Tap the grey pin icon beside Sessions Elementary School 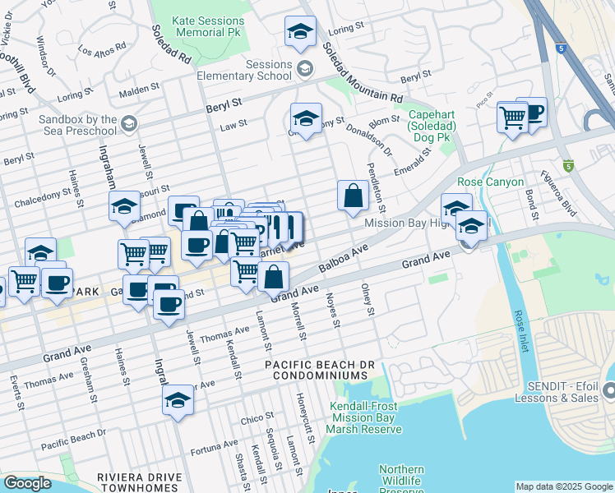[305, 68]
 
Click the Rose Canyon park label [490, 182]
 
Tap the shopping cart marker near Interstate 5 [511, 118]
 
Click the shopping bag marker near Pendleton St [352, 196]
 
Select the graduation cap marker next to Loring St [300, 33]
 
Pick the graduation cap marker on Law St [306, 119]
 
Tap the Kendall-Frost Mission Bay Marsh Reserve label [363, 418]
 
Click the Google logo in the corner [27, 483]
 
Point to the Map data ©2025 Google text [563, 486]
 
